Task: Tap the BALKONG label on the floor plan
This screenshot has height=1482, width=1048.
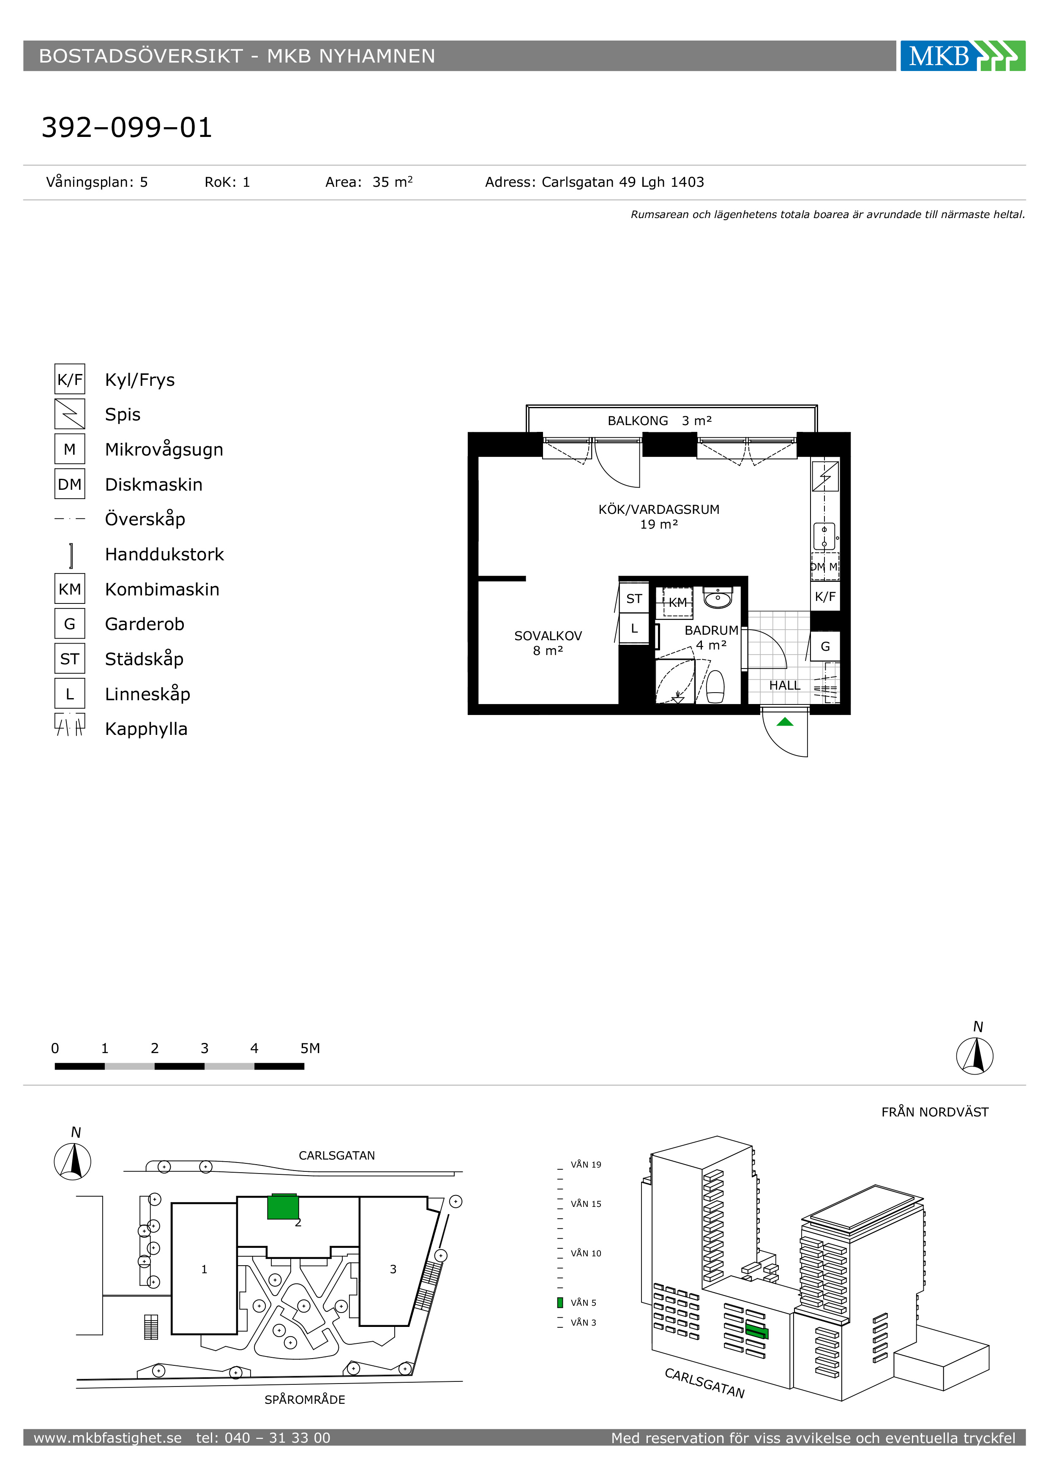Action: tap(638, 421)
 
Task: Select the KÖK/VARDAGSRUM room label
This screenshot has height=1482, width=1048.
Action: tap(659, 509)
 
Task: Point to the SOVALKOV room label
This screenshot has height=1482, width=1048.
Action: tap(548, 636)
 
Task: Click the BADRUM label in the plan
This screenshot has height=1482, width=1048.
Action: tap(711, 630)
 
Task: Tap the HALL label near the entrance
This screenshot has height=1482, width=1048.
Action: tap(785, 685)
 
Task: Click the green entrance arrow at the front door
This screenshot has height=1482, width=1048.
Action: tap(785, 722)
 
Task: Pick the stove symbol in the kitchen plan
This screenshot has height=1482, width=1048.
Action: tap(825, 476)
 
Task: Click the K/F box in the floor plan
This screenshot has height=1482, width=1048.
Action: tap(825, 596)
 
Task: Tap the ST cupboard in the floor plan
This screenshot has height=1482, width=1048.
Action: tap(634, 598)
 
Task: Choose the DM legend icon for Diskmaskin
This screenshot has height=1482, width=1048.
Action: tap(70, 484)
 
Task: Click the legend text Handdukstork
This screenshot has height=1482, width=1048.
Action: tap(164, 554)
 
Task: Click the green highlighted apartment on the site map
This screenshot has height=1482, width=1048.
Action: tap(283, 1206)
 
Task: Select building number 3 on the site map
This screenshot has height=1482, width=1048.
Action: tap(393, 1269)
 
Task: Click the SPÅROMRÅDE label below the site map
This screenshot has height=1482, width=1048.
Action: tap(305, 1399)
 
